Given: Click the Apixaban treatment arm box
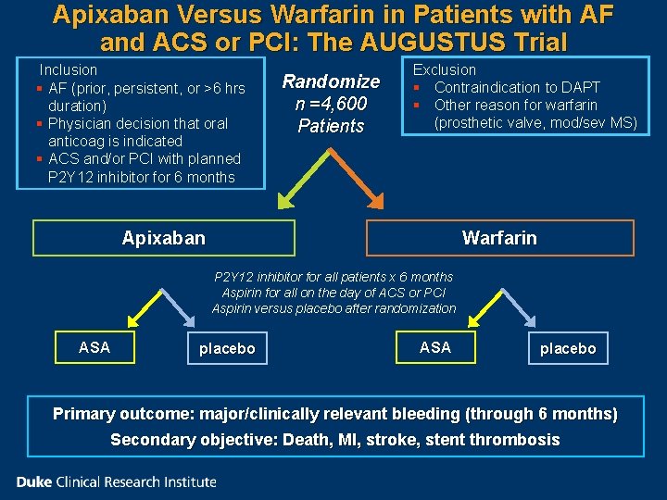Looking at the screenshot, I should tap(164, 238).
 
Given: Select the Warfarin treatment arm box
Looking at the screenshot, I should tap(499, 238).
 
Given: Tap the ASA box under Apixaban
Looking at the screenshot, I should tap(94, 347).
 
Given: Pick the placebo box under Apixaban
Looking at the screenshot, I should tap(226, 348).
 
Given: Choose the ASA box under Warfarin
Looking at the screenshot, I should tap(434, 347).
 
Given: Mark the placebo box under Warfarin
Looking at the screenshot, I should tap(568, 348).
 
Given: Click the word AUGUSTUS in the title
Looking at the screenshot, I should tap(436, 42).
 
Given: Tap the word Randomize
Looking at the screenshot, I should tap(331, 81).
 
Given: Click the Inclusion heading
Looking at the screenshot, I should tap(68, 69).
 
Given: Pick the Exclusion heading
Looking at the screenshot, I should tap(444, 69).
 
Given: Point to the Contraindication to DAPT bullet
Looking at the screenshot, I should tap(517, 87).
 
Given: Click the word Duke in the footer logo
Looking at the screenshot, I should tap(35, 481).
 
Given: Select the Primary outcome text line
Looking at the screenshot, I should tap(335, 414).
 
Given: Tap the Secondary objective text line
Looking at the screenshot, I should tap(335, 440).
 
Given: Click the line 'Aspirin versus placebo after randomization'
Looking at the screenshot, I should tap(333, 308).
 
